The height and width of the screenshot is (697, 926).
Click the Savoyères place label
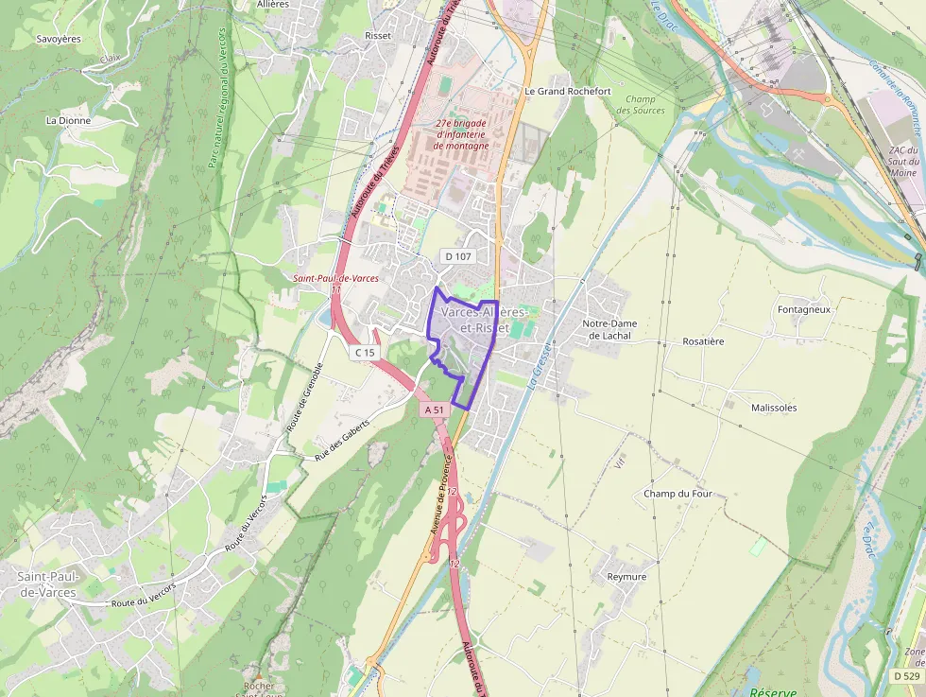coord(59,39)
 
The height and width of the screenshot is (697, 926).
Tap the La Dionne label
coord(68,121)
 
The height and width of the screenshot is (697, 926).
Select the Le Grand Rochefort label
coord(567,91)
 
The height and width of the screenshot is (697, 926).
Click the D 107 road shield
coord(457,256)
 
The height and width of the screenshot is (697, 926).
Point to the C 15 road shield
coord(365,353)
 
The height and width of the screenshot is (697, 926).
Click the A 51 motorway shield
coord(434,409)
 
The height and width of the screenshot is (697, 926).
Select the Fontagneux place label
coord(803,309)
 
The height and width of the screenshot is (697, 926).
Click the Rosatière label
coord(703,341)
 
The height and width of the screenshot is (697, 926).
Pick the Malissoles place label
coord(774,408)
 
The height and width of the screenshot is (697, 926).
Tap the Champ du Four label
coord(677,494)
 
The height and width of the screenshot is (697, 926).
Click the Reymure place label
coord(626,577)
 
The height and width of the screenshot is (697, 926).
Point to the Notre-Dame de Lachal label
coord(610,329)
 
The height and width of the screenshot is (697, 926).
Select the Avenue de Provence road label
coord(441,494)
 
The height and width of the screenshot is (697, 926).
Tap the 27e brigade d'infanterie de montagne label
coord(461,134)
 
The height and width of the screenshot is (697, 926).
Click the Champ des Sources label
coord(641,105)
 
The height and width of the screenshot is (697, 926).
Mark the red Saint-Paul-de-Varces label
coord(335,278)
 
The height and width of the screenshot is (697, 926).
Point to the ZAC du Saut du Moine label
coord(903,161)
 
